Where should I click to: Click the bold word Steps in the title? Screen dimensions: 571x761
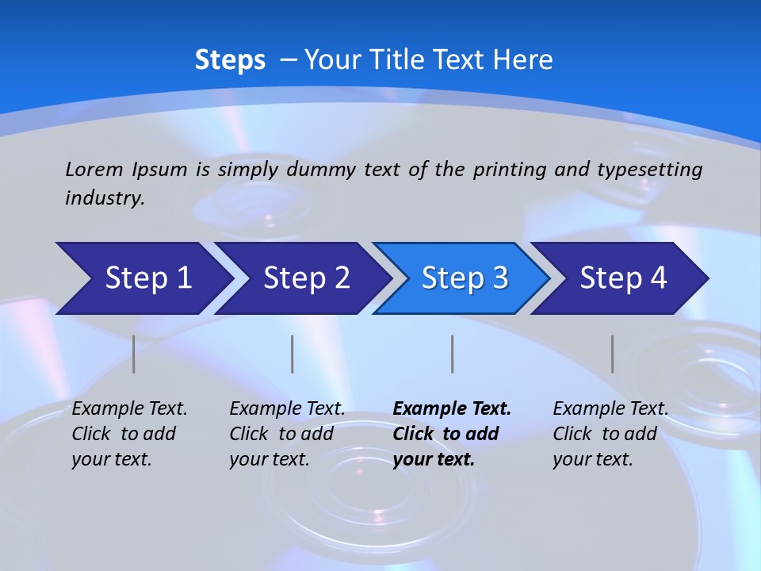(230, 60)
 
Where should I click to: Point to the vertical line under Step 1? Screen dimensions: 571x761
(134, 354)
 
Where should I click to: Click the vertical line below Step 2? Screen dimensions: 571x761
(293, 354)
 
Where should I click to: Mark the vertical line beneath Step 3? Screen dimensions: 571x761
(453, 354)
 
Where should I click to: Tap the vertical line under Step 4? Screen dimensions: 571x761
(613, 354)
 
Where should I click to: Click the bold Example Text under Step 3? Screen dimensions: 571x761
(452, 433)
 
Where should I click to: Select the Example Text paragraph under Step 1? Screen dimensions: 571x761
(129, 433)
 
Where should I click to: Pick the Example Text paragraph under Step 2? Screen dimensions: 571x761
(287, 433)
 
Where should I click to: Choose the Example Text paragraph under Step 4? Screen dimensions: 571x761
(610, 433)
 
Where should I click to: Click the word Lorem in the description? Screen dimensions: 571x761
(94, 169)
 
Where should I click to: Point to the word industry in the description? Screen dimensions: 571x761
(104, 198)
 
